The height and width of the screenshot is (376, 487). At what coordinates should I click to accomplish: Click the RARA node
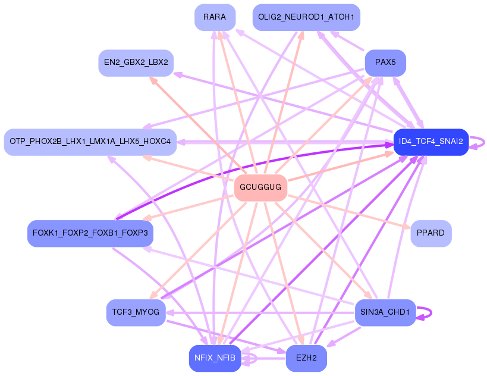(215, 17)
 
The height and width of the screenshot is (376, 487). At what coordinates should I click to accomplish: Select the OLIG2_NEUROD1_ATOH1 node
(306, 17)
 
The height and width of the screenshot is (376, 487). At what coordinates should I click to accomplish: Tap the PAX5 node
(385, 62)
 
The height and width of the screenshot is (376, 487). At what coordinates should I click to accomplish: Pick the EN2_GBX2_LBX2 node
(136, 62)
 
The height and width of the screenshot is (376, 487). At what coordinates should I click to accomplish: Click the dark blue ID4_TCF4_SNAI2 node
(431, 142)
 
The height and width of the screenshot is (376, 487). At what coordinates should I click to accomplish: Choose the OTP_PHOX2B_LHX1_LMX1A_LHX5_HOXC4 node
(90, 142)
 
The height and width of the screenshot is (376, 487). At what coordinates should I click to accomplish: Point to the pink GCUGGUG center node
(260, 187)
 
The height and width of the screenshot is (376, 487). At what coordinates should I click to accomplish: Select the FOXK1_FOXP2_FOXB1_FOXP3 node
(90, 233)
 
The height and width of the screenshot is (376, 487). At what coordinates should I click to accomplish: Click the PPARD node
(431, 233)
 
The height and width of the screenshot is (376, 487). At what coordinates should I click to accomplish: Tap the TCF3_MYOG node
(136, 312)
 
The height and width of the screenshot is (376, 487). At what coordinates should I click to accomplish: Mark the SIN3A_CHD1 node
(385, 312)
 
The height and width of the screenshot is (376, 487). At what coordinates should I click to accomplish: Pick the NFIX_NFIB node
(215, 358)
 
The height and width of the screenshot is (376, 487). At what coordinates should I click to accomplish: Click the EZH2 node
(306, 358)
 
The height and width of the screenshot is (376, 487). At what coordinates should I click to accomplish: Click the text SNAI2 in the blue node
(451, 142)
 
